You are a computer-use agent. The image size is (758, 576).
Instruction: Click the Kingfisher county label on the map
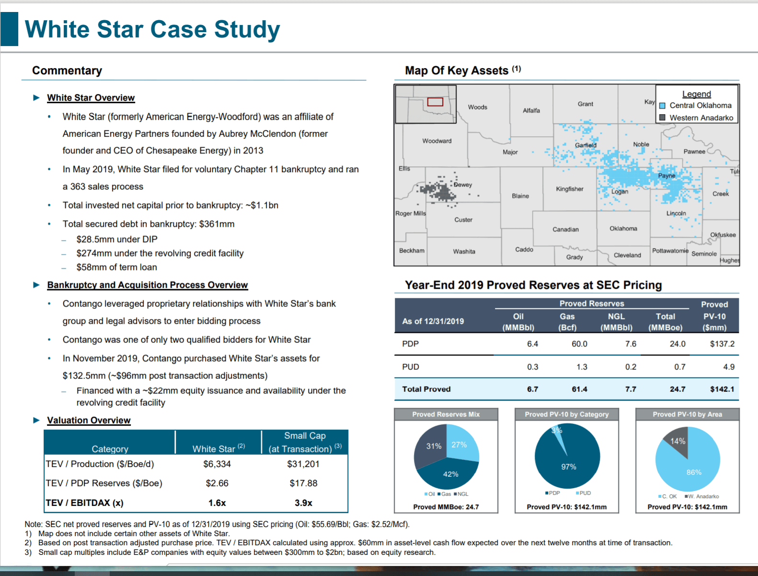569,189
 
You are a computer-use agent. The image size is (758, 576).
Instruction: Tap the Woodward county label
437,141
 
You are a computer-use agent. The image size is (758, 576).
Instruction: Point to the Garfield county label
586,145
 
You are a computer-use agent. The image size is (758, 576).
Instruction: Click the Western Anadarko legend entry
696,118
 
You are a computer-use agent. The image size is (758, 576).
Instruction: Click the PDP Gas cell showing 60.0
579,344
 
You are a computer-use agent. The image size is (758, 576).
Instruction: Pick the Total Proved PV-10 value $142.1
722,389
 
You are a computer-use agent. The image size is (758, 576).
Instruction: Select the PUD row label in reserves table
411,366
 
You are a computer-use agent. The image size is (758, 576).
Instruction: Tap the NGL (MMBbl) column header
617,322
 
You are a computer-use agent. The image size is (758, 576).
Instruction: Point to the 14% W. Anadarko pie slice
678,441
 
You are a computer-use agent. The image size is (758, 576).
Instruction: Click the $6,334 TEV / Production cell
217,464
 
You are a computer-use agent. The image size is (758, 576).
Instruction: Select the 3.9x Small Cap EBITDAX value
303,503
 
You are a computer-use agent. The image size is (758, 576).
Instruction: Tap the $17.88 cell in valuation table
303,483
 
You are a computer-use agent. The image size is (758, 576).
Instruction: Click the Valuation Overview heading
89,420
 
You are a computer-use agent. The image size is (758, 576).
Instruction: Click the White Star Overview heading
91,98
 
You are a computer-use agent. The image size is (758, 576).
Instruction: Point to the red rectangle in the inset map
435,102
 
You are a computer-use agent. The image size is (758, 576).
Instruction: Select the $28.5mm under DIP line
117,239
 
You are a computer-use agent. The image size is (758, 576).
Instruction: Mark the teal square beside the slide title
9,29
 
